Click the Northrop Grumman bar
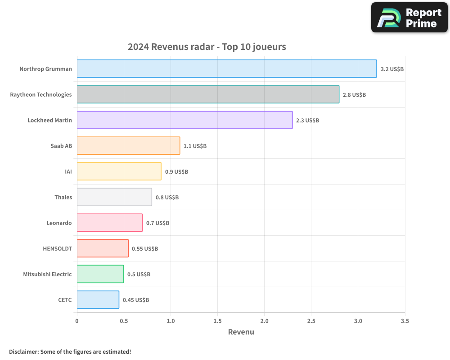click(x=227, y=69)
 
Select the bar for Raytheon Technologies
click(x=208, y=94)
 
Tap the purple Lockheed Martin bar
click(x=184, y=120)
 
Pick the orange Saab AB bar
click(x=128, y=146)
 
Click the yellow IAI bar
click(x=119, y=171)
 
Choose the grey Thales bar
click(x=114, y=197)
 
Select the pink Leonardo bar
click(x=110, y=223)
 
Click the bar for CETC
click(x=98, y=300)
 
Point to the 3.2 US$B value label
click(x=392, y=69)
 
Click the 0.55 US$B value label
click(x=145, y=249)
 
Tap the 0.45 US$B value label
click(x=136, y=300)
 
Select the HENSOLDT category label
click(x=57, y=248)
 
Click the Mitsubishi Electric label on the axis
click(x=47, y=274)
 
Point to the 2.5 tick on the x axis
click(x=311, y=321)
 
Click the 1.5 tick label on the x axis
click(x=217, y=321)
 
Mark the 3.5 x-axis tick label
click(x=405, y=321)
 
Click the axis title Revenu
click(x=241, y=332)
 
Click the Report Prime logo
click(x=409, y=18)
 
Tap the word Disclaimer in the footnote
click(x=23, y=351)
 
